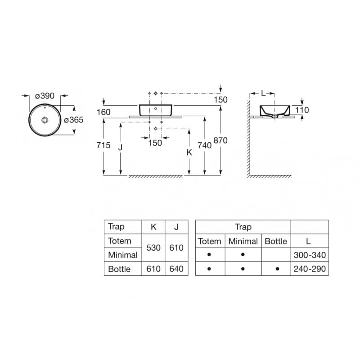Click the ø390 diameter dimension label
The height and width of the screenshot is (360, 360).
45,96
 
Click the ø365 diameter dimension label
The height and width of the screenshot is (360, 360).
73,120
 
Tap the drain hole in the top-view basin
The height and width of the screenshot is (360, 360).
45,120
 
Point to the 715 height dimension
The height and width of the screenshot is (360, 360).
104,145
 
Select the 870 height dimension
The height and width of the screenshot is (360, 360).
220,140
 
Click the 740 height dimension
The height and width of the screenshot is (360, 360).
205,145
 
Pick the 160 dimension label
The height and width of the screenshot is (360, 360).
104,111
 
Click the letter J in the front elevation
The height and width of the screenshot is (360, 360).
120,147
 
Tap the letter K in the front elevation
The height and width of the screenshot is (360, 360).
189,153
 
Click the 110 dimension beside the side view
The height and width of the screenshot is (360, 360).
302,110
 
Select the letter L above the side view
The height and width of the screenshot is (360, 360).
263,94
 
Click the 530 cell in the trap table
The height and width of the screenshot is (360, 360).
153,248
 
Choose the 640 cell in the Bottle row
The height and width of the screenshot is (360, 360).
176,269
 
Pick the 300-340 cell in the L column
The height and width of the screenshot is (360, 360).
309,255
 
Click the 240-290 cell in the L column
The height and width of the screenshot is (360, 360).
309,269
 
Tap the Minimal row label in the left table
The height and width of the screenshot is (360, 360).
122,255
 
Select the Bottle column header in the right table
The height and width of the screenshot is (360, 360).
276,241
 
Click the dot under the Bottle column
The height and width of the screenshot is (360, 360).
277,269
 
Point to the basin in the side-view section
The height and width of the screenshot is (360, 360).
274,111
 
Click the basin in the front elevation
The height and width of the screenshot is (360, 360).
156,110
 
